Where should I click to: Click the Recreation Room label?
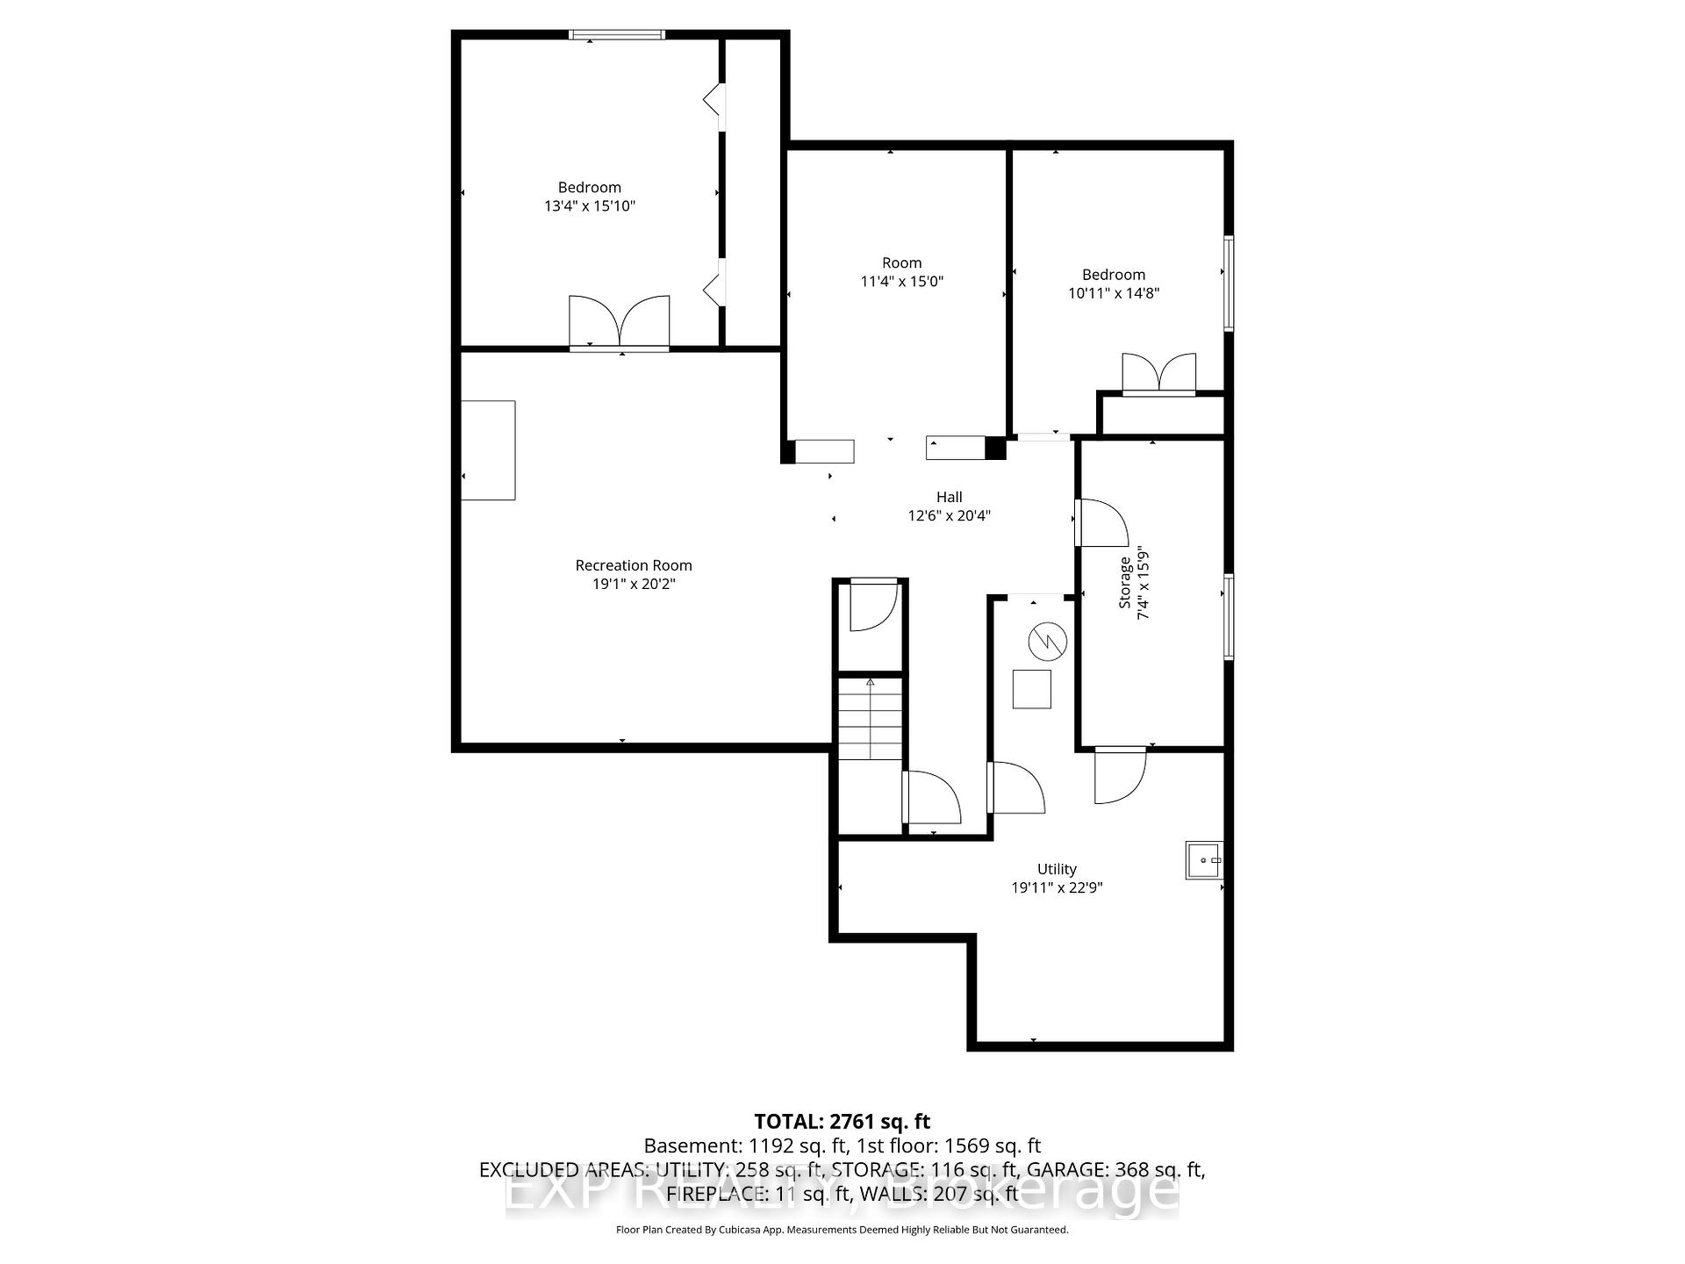click(x=634, y=565)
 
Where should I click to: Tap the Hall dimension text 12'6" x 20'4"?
click(x=949, y=515)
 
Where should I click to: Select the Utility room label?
click(x=1057, y=869)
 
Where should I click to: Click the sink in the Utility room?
click(x=1203, y=860)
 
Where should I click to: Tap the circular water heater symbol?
click(x=1048, y=642)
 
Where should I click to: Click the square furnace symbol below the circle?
click(x=1031, y=689)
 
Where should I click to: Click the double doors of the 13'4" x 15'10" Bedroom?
click(x=620, y=323)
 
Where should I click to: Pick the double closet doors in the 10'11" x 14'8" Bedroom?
click(x=1159, y=374)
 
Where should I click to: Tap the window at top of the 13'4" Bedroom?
click(x=617, y=35)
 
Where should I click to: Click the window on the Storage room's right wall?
click(x=1229, y=616)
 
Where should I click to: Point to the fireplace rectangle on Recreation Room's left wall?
click(x=488, y=450)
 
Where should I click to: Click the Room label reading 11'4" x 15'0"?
click(x=902, y=272)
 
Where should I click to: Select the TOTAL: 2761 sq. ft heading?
click(x=842, y=1121)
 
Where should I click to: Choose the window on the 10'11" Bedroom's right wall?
click(x=1229, y=283)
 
